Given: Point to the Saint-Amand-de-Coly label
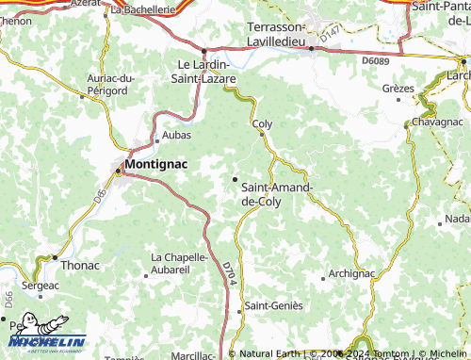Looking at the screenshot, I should pyautogui.click(x=278, y=193).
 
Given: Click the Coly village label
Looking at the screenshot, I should pyautogui.click(x=263, y=123).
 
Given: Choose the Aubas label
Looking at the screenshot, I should pyautogui.click(x=177, y=135).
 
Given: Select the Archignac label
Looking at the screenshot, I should pyautogui.click(x=352, y=273).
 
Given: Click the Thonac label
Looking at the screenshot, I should pyautogui.click(x=80, y=265).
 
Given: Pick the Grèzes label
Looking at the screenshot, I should pyautogui.click(x=398, y=88).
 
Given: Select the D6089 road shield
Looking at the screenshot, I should pyautogui.click(x=374, y=60).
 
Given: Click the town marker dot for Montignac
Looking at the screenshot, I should pyautogui.click(x=119, y=172).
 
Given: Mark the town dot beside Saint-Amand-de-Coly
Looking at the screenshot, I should pyautogui.click(x=235, y=178).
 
